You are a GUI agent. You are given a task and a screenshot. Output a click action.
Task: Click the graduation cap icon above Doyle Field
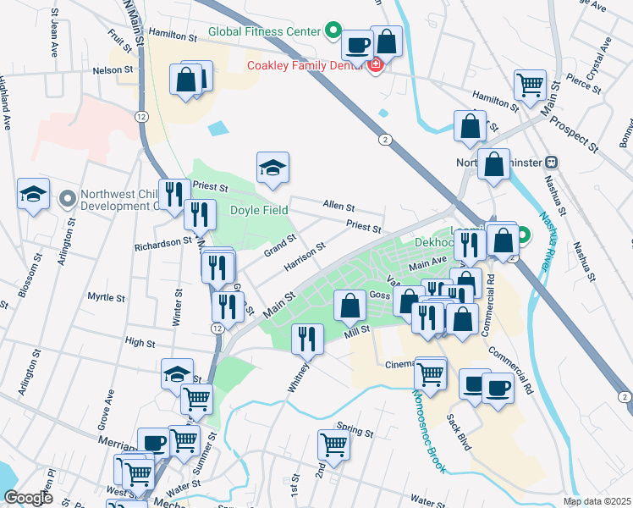click(272, 168)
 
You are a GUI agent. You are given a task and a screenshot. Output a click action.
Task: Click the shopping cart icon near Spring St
click(333, 444)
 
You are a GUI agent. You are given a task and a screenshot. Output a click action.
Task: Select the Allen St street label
click(339, 206)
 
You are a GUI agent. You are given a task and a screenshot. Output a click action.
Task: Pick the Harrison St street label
click(305, 257)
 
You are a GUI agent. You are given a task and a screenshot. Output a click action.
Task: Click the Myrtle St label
click(107, 298)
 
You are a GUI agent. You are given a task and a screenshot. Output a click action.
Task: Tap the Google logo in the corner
click(28, 497)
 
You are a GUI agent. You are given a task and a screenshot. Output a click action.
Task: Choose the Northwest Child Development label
click(118, 200)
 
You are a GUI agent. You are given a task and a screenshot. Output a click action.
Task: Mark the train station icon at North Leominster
click(551, 162)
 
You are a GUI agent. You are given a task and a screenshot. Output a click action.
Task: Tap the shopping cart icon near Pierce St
click(529, 84)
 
